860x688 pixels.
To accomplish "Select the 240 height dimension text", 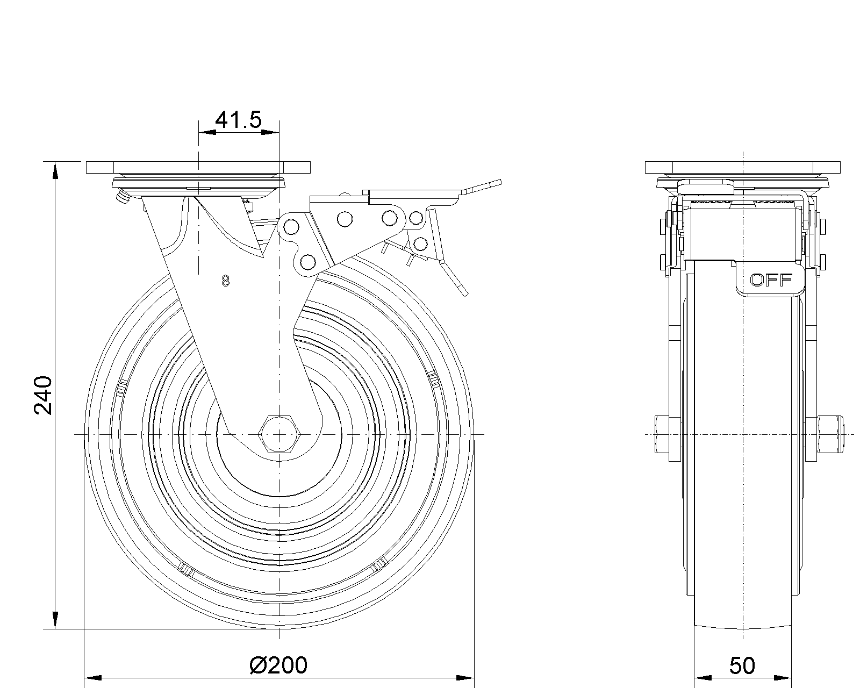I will tap(43, 395).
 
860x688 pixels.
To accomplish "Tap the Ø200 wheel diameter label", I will tap(278, 665).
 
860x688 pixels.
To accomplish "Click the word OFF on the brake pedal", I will tap(771, 280).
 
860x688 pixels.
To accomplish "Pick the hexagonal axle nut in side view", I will tap(279, 434).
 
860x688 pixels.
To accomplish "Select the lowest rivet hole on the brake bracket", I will tap(308, 262).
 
